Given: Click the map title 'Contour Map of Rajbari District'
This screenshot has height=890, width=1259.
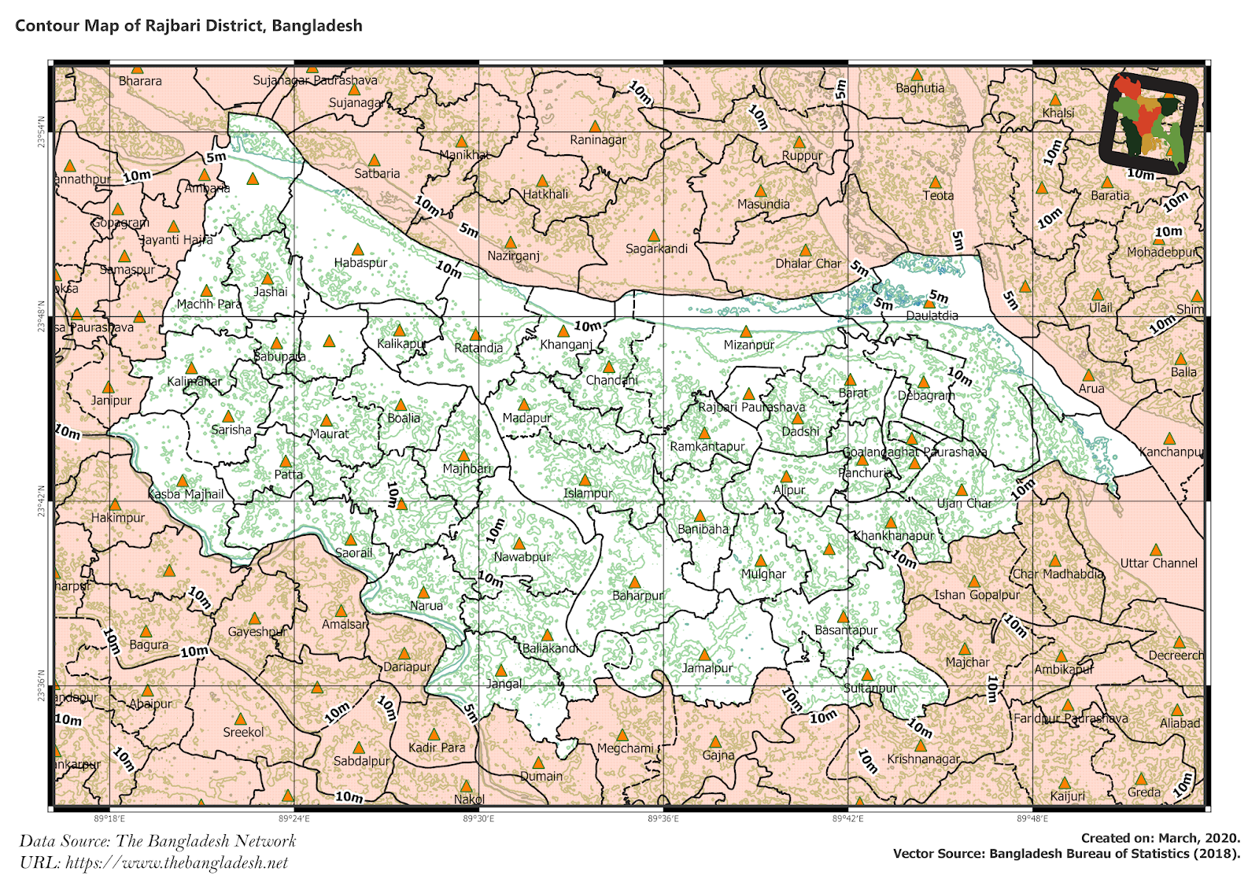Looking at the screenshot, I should [189, 25].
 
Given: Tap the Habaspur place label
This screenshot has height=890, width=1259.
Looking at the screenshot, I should [360, 263].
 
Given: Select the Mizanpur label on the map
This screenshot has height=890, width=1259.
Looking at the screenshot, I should [748, 345].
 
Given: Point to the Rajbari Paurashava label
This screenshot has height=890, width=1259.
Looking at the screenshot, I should [751, 407].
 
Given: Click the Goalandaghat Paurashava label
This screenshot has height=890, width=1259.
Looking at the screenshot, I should [914, 452].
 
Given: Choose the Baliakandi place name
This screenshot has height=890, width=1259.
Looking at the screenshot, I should [550, 648].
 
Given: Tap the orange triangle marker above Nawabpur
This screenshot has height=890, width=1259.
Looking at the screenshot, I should [519, 544].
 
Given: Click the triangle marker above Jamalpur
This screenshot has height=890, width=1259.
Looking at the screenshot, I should [704, 655].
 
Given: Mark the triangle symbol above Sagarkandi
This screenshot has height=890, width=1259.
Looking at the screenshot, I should [653, 235].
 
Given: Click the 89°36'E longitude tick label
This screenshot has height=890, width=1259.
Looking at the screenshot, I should [663, 819].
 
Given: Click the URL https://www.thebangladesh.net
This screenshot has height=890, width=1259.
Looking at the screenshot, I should [176, 862].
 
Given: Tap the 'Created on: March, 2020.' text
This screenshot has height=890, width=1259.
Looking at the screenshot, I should [1160, 838].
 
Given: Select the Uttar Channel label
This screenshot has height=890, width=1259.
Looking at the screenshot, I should [1158, 563].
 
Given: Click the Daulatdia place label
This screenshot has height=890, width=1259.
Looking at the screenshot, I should [932, 316].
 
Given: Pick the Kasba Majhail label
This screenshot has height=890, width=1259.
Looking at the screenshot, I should [186, 494].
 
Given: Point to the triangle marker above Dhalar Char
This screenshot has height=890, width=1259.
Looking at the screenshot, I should [805, 250].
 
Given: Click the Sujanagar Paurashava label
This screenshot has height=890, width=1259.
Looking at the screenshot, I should [315, 80].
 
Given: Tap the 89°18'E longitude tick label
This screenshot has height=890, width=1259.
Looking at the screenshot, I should [109, 819].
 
